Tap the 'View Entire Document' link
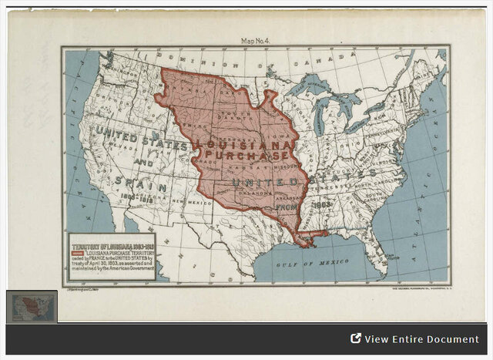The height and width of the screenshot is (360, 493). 421,339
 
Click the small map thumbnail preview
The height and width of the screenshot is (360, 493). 32,306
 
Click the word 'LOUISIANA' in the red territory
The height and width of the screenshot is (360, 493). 244,144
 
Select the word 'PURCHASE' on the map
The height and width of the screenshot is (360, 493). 245,156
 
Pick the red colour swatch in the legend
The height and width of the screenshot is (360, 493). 77,252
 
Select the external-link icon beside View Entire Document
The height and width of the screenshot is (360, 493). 356,338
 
